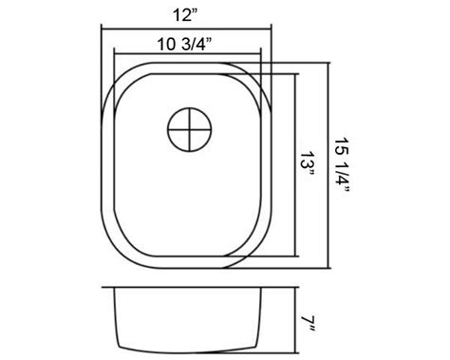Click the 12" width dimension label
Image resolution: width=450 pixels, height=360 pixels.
pos(185,15)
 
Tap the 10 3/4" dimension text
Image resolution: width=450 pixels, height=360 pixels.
pos(184,45)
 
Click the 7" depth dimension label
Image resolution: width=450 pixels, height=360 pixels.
pos(308,324)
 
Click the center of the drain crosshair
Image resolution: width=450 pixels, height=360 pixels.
pos(190,129)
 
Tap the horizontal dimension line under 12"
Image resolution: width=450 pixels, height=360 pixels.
pos(186,29)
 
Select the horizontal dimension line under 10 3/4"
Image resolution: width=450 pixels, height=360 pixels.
pos(187,54)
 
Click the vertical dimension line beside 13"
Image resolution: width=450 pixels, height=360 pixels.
pos(295,165)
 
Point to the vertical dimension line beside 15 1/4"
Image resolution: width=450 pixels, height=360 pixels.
pos(328,165)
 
